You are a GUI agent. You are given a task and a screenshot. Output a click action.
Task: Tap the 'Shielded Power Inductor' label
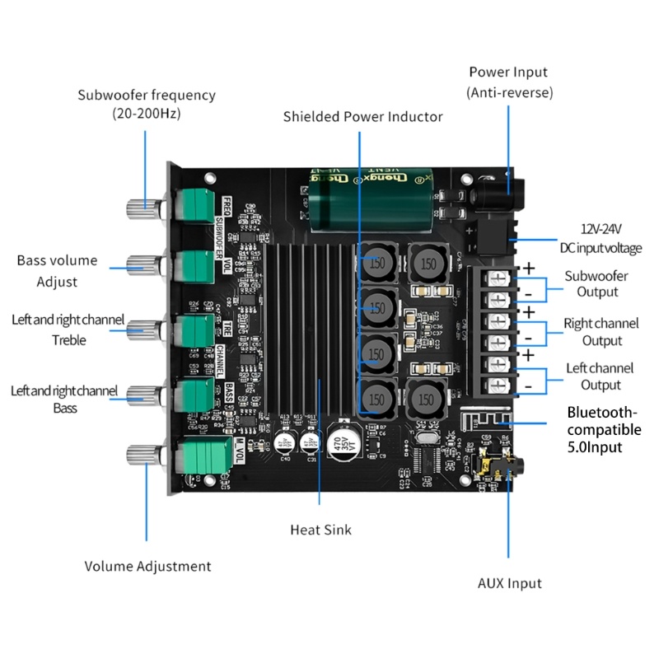(362, 116)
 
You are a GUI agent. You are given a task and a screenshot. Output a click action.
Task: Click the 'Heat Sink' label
(320, 530)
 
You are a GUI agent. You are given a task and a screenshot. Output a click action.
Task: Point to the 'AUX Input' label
(510, 583)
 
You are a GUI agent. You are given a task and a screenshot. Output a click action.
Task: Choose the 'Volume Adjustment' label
(148, 566)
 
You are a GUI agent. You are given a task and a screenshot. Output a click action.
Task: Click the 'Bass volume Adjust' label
(57, 271)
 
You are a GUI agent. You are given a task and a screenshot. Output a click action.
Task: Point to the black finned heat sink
(309, 329)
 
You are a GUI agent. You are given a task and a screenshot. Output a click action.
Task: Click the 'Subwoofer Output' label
(597, 283)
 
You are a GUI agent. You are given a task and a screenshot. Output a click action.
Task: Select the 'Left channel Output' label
(600, 376)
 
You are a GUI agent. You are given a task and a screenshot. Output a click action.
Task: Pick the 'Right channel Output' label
(601, 331)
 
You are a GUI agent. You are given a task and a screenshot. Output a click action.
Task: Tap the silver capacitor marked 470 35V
(339, 445)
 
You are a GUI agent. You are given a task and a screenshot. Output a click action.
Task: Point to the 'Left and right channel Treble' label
(68, 329)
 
